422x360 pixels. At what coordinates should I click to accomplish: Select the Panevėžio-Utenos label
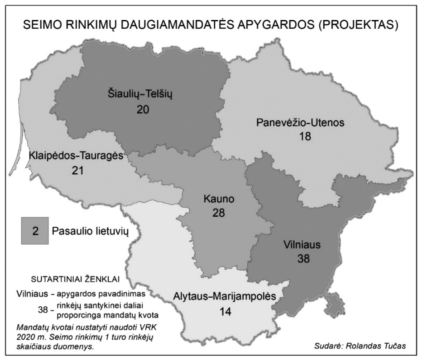point(300,122)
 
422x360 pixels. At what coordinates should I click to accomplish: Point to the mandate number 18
point(304,137)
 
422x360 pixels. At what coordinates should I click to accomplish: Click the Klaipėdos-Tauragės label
point(76,156)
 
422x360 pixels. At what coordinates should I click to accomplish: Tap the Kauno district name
point(219,199)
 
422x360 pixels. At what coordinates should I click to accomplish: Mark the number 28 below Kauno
point(218,213)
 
